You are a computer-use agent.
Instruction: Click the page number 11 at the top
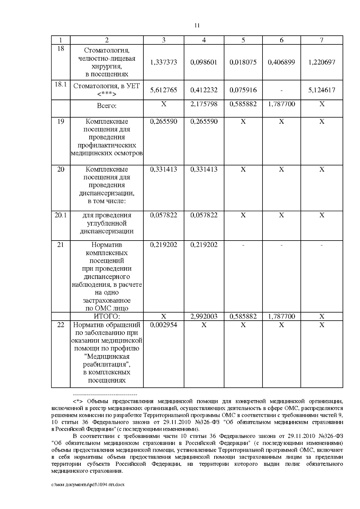pos(197,25)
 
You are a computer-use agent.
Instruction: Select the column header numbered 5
pos(243,40)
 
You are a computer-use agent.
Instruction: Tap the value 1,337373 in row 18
pos(163,62)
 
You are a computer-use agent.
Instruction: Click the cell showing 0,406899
pos(281,62)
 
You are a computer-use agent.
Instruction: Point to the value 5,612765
pos(163,90)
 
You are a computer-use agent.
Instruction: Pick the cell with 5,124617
pos(322,90)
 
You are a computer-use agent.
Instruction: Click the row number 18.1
pos(61,85)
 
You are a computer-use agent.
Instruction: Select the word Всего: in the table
pos(106,106)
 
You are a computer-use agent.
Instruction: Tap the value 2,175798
pos(204,104)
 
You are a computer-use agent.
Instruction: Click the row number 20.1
pos(61,215)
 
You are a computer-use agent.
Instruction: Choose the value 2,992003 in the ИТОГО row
pos(204,316)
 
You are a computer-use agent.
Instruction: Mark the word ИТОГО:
pos(107,316)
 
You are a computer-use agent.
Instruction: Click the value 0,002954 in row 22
pos(163,325)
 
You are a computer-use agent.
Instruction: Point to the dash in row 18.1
pos(281,90)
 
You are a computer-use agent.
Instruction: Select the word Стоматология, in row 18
pos(106,50)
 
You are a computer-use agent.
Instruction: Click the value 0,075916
pos(243,90)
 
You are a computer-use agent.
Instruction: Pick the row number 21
pos(61,245)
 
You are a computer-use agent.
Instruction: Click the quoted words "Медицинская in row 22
pos(106,357)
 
